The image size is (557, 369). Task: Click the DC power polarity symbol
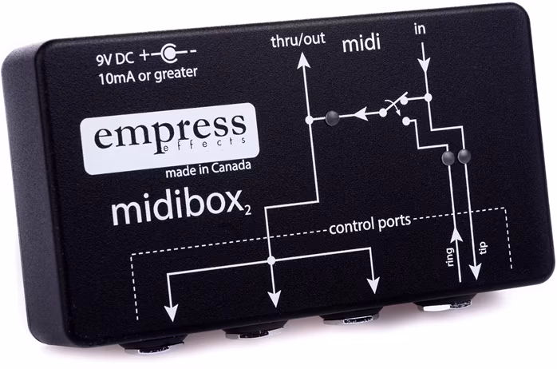[168, 56]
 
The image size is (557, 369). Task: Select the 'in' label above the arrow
[421, 30]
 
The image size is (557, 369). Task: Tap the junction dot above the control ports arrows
[271, 260]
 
